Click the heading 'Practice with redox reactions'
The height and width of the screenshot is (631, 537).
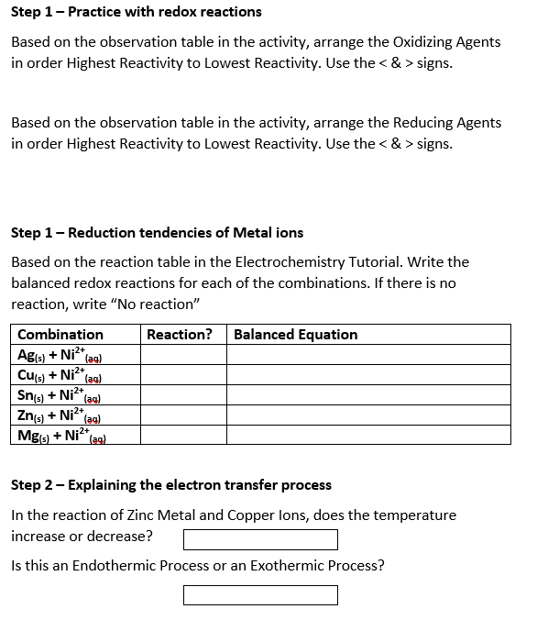click(165, 12)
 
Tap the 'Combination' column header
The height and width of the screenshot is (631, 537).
click(60, 335)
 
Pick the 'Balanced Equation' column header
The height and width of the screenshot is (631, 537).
click(296, 335)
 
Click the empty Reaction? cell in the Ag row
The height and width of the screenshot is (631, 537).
click(184, 355)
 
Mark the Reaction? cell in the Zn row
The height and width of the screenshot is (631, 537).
click(184, 415)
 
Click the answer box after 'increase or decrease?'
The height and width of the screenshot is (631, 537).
click(260, 539)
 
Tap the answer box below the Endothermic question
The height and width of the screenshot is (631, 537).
click(260, 595)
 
